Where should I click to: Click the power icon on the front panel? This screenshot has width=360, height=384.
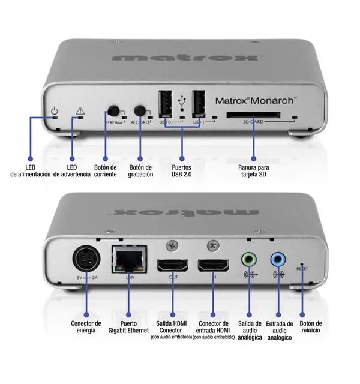54,111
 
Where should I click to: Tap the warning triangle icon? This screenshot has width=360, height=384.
80,111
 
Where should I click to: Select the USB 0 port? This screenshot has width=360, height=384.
166,104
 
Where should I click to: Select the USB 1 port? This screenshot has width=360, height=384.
200,104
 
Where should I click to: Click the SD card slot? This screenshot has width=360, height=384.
252,114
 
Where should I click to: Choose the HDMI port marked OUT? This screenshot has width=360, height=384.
173,265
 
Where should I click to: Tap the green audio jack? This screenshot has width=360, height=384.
250,259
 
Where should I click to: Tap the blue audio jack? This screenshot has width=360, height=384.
278,259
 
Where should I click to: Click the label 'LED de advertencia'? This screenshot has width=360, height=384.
71,170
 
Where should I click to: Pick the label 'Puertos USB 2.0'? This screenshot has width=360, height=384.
182,170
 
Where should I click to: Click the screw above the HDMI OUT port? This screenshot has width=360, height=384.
173,245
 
